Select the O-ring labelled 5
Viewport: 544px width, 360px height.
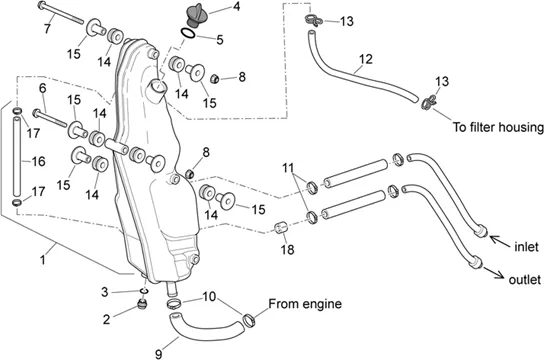(188, 34)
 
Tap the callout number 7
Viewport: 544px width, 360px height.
(48, 28)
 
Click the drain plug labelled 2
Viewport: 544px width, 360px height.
(142, 304)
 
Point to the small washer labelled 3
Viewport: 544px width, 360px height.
(145, 291)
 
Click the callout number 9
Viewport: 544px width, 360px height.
(159, 354)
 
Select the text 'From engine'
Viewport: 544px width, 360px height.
(305, 304)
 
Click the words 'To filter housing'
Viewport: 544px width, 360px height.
(498, 127)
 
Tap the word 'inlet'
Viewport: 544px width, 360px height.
(526, 247)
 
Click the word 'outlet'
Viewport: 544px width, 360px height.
(525, 280)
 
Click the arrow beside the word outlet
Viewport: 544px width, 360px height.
(493, 273)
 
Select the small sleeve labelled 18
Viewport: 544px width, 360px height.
(281, 228)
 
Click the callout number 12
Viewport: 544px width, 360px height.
(365, 59)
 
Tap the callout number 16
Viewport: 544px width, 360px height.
(38, 161)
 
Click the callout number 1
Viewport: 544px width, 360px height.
(43, 259)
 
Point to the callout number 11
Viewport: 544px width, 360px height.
(288, 168)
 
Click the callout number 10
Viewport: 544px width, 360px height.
(209, 297)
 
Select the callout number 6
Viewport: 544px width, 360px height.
(43, 88)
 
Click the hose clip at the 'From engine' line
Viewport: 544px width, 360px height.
(249, 320)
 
